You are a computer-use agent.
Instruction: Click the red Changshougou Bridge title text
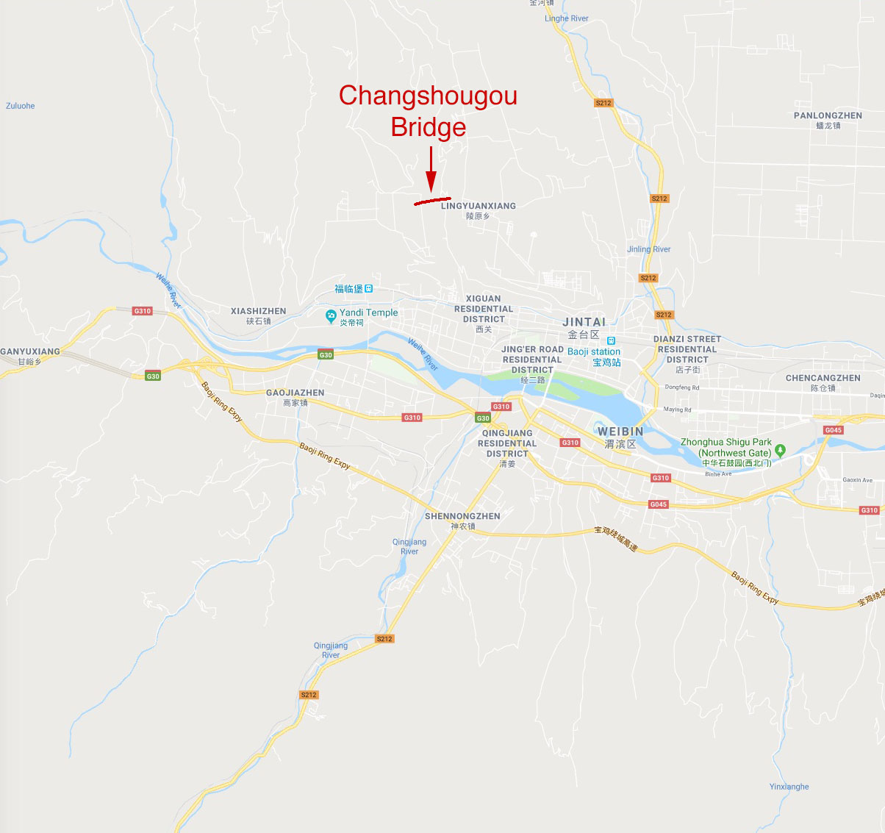(x=428, y=111)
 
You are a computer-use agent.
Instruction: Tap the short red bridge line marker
(x=432, y=200)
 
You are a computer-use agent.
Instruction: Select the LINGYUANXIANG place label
(x=478, y=206)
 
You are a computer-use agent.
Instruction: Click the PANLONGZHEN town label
(x=828, y=116)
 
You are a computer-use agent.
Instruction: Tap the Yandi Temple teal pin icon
(x=331, y=316)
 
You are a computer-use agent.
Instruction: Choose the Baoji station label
(x=594, y=352)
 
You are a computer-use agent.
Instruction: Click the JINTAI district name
(x=584, y=322)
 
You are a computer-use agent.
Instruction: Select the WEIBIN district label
(x=620, y=432)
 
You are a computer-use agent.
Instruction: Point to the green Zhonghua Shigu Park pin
(x=781, y=449)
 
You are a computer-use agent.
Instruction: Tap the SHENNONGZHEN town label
(x=462, y=516)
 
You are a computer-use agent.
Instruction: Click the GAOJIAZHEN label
(x=295, y=393)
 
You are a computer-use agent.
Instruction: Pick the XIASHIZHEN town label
(x=258, y=311)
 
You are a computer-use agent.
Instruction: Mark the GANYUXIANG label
(x=30, y=351)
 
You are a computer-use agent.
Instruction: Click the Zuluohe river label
(x=21, y=106)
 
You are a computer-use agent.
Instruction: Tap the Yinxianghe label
(x=789, y=787)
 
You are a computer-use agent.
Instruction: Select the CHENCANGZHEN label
(x=823, y=378)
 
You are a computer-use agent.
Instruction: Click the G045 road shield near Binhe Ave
(x=658, y=504)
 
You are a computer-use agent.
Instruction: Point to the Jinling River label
(x=648, y=249)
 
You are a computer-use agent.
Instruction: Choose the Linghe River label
(x=566, y=18)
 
